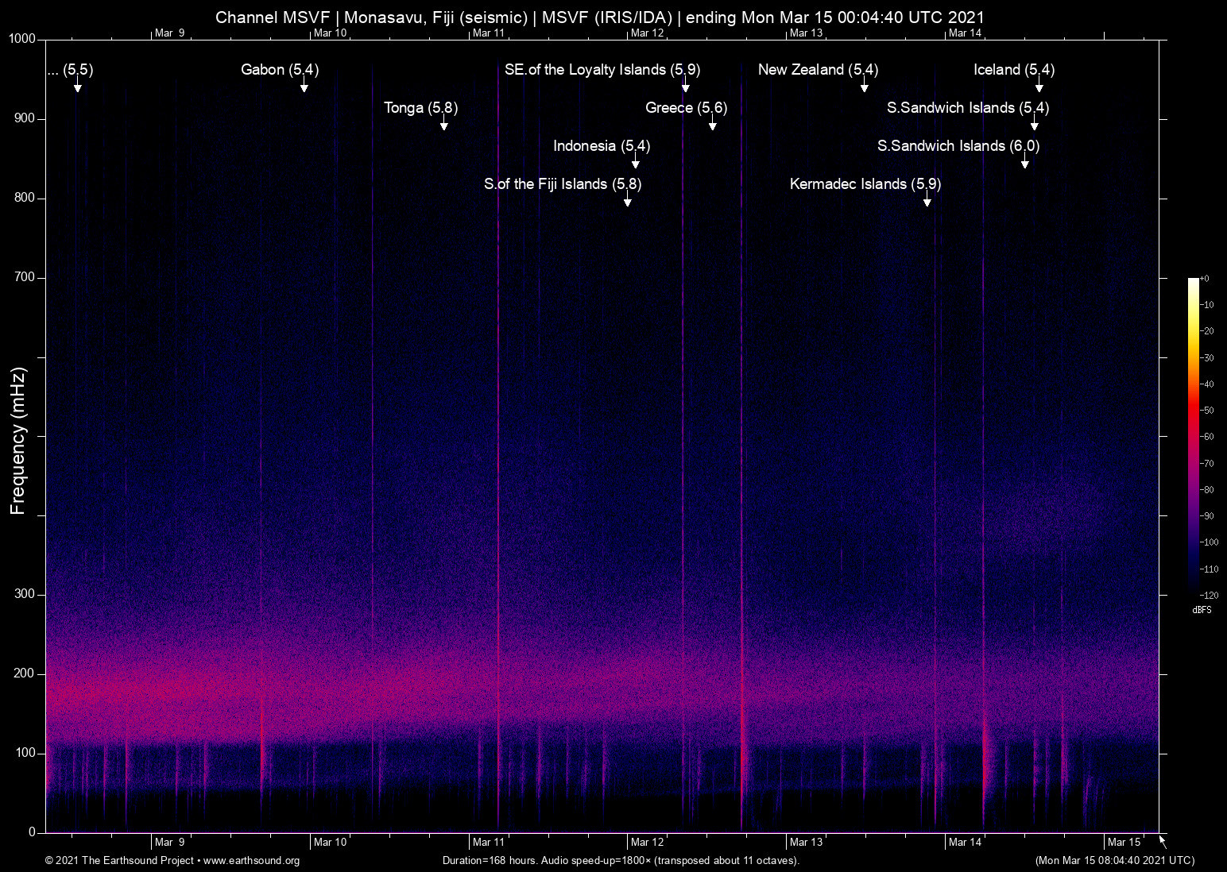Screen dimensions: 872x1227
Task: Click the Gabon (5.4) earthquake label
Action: point(280,70)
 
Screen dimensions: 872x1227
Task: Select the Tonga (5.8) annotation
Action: point(420,108)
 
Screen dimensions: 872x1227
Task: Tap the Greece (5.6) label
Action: point(686,108)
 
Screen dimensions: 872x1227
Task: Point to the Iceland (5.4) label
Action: point(1013,70)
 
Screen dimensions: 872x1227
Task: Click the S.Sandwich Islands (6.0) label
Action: point(958,146)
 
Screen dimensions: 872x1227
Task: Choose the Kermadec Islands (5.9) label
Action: point(865,184)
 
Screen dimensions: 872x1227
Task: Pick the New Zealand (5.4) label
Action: point(818,70)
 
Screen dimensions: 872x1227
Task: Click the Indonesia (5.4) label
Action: point(602,146)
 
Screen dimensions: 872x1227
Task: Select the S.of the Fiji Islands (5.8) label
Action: point(563,184)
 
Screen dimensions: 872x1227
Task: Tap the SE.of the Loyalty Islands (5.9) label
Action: point(602,70)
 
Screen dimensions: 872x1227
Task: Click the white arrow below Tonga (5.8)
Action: point(444,125)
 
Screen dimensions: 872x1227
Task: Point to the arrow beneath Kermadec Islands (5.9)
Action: point(927,202)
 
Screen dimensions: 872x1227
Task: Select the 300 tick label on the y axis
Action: point(25,594)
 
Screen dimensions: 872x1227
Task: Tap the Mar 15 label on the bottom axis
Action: point(1124,842)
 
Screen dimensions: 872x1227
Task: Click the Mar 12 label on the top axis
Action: point(647,33)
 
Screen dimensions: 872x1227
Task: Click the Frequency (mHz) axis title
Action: point(18,441)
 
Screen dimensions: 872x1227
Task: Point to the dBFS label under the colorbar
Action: point(1202,610)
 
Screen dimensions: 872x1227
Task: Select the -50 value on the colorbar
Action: point(1207,411)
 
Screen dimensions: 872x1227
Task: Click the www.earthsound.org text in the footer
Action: point(251,860)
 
